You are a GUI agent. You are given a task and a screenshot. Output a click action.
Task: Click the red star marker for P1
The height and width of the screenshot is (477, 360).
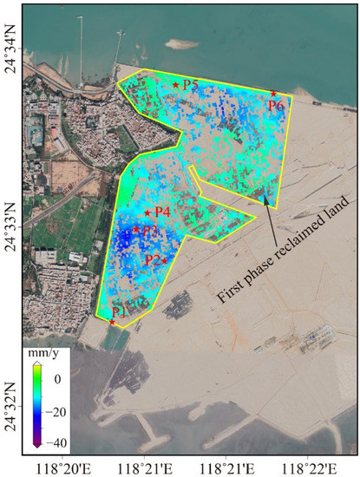112,322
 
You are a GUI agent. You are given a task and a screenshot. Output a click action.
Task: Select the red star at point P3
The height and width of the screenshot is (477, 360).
136,229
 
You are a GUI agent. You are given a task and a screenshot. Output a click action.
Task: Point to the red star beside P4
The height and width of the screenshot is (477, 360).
147,213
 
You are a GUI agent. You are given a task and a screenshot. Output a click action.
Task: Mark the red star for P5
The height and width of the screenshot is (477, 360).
176,85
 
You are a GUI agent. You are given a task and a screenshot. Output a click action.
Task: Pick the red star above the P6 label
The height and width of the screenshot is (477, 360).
273,94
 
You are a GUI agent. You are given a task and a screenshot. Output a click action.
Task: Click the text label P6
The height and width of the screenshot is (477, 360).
276,105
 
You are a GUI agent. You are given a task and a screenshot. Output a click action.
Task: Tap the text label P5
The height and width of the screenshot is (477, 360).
191,85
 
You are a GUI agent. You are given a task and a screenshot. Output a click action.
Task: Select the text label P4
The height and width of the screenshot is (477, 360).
162,212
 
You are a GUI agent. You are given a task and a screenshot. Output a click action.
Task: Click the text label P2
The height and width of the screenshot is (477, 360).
152,259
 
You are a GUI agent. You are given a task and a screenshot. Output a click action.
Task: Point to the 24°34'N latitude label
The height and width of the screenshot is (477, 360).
11,55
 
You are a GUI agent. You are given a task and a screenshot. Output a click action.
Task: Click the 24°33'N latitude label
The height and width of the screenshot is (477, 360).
11,224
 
